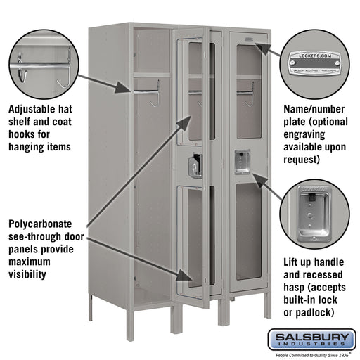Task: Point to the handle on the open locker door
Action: point(194,165)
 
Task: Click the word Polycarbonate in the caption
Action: point(44,224)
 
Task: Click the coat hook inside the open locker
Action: point(155,95)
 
